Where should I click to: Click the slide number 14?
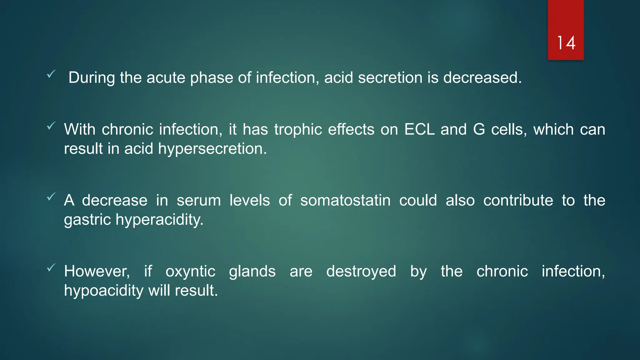[x=566, y=43]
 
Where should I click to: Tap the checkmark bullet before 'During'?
[x=51, y=74]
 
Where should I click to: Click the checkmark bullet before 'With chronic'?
[x=51, y=126]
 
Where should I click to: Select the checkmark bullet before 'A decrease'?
[x=51, y=197]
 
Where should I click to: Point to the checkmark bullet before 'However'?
[x=51, y=267]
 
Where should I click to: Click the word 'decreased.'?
[x=482, y=77]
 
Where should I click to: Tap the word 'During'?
[x=92, y=77]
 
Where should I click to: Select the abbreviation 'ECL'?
[x=419, y=129]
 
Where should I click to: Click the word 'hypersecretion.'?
[x=212, y=149]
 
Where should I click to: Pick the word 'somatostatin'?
[x=345, y=200]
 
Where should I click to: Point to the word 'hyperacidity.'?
[x=159, y=220]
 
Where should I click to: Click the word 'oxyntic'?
[x=190, y=271]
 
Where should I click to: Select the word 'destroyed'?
[x=361, y=271]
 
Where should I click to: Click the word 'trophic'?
[x=298, y=129]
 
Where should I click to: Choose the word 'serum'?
[x=199, y=200]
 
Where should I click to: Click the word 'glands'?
[x=252, y=271]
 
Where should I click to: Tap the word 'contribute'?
[x=518, y=200]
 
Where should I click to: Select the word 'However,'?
[x=97, y=271]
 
